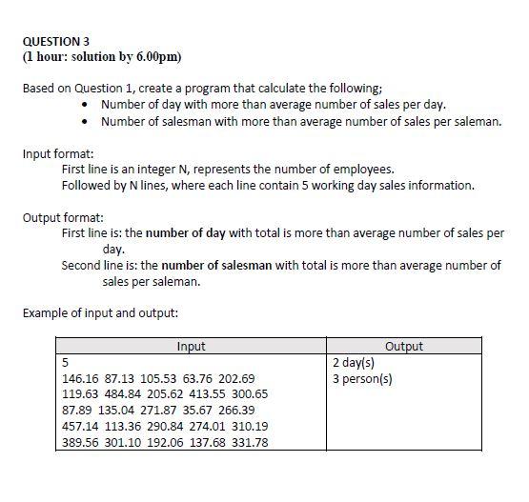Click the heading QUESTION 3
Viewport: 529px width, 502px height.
(x=54, y=42)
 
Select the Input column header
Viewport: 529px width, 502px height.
(x=192, y=347)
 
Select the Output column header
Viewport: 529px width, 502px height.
(x=404, y=347)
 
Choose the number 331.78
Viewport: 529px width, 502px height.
(x=246, y=442)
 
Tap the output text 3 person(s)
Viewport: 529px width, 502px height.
(x=363, y=378)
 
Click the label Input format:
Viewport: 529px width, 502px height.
(x=58, y=152)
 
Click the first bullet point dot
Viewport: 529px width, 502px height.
(x=88, y=105)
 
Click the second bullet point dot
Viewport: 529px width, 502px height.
(x=88, y=121)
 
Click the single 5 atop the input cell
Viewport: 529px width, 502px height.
(x=65, y=363)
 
